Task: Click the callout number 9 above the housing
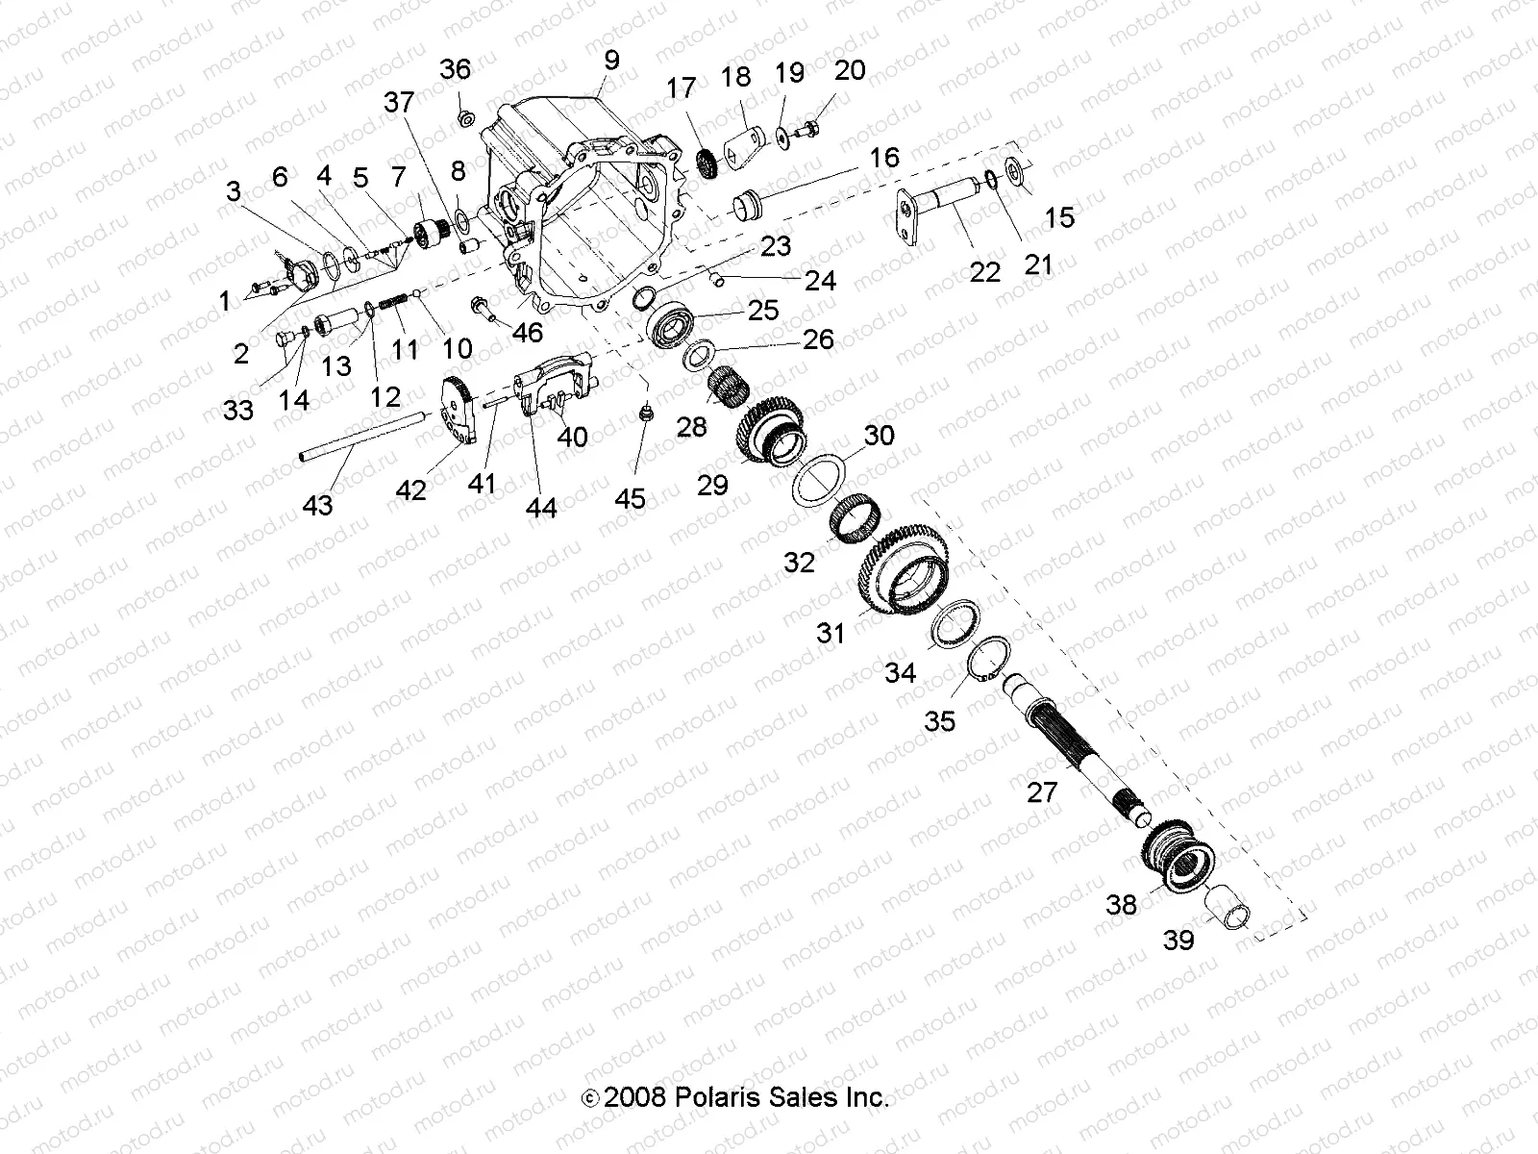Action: [x=611, y=60]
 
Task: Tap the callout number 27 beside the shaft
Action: [x=1042, y=792]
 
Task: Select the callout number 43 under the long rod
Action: [x=317, y=504]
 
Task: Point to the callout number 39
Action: [x=1178, y=940]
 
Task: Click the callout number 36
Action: [x=456, y=69]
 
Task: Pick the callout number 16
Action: [x=884, y=157]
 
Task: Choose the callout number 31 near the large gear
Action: [x=831, y=632]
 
